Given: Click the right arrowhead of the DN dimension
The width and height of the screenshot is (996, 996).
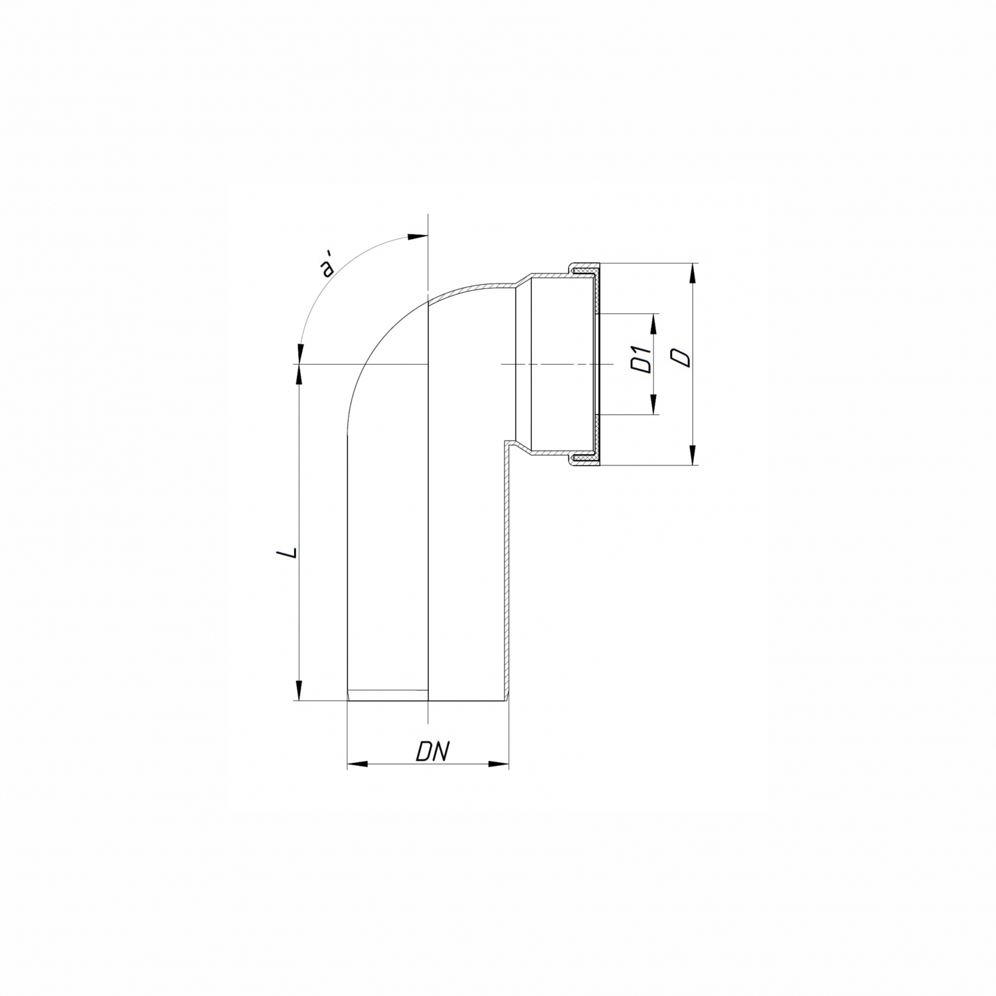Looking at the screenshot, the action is point(499,764).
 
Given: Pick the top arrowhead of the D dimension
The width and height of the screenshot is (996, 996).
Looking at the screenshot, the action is point(693,274).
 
